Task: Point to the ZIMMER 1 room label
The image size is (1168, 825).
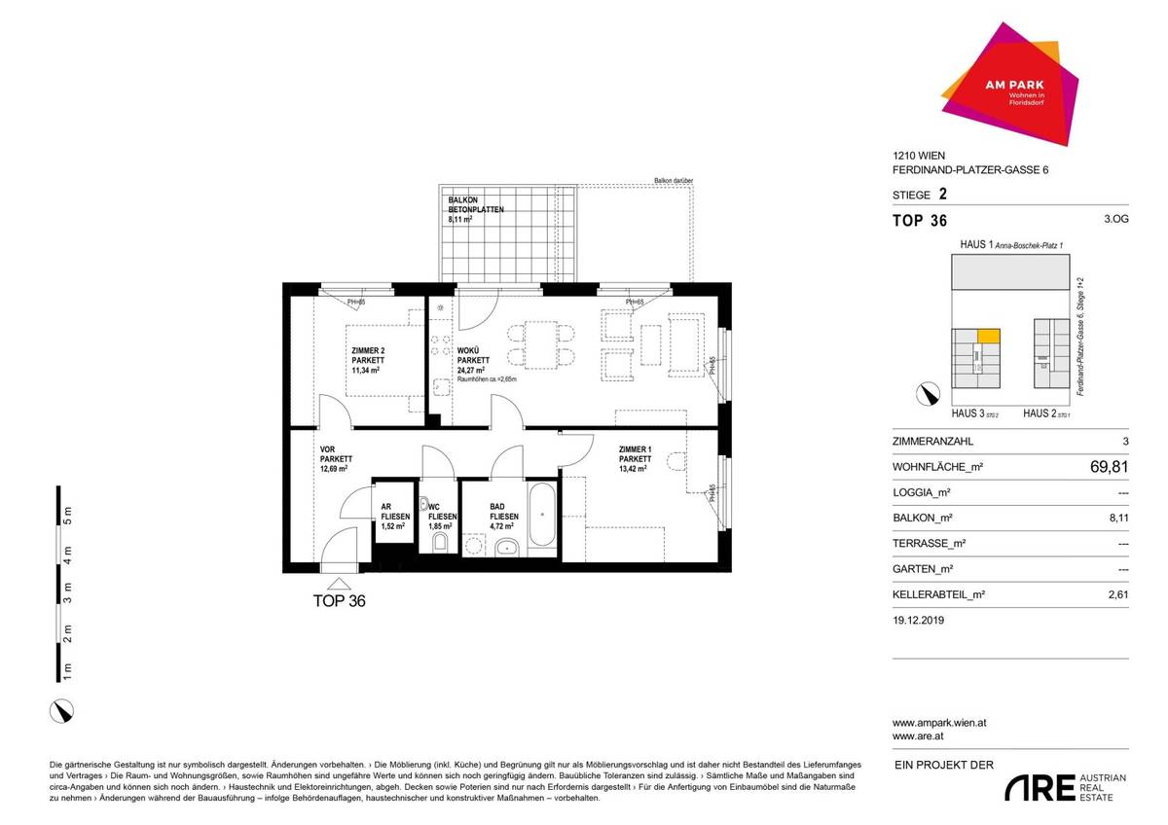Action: (635, 458)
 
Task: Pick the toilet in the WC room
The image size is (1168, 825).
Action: (439, 540)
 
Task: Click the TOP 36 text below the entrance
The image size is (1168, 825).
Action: (339, 601)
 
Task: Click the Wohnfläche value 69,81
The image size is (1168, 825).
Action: (1109, 467)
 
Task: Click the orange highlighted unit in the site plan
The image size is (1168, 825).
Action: (989, 337)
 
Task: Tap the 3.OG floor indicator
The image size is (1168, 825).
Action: (1116, 221)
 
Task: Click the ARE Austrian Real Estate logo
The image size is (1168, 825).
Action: (1065, 788)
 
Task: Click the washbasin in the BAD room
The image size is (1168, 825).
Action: (505, 549)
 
